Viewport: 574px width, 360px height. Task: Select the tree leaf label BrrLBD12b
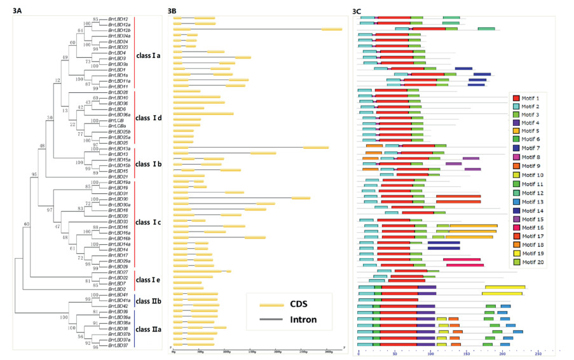point(120,30)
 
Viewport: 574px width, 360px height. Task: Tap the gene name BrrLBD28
point(118,92)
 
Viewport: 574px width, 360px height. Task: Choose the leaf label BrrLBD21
point(118,176)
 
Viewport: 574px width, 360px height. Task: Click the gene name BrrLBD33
point(118,221)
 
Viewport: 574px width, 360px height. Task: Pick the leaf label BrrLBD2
point(116,289)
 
